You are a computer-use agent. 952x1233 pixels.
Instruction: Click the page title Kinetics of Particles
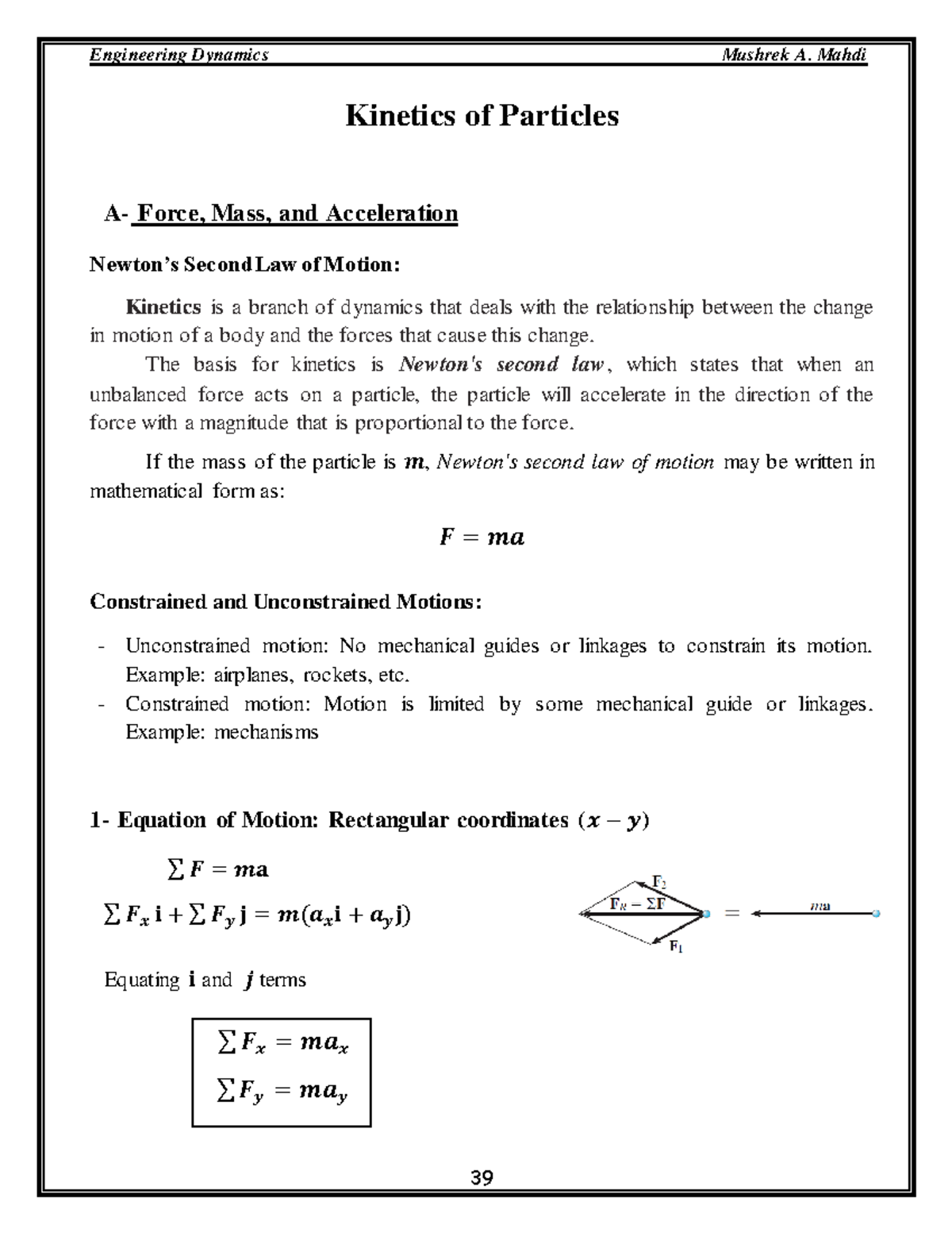coord(482,116)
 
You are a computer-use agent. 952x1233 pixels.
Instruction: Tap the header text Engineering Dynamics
coord(179,55)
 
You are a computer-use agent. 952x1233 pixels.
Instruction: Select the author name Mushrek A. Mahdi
coord(794,55)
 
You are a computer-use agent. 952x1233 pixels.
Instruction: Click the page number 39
coord(482,1177)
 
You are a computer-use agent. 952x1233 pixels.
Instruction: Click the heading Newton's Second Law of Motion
coord(244,264)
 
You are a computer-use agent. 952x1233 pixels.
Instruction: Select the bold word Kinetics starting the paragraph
coord(163,307)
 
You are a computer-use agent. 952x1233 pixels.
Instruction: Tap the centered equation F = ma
coord(482,538)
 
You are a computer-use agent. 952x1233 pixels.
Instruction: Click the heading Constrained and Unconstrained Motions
coord(286,602)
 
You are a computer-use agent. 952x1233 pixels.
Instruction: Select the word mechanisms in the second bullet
coord(266,732)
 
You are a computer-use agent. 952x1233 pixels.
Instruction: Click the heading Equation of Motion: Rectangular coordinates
coord(370,820)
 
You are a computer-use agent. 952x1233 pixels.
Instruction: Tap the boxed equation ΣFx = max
coord(282,1043)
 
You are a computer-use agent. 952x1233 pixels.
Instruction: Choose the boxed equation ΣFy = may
coord(282,1092)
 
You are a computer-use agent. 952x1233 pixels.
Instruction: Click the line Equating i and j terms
coord(205,980)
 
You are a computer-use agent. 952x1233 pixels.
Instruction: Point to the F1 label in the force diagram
coord(676,946)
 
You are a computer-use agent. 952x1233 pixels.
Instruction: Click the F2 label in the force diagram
coord(658,882)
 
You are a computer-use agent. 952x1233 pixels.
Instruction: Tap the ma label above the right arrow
coord(820,905)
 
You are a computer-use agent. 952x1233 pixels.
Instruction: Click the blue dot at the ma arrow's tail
coord(876,914)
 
